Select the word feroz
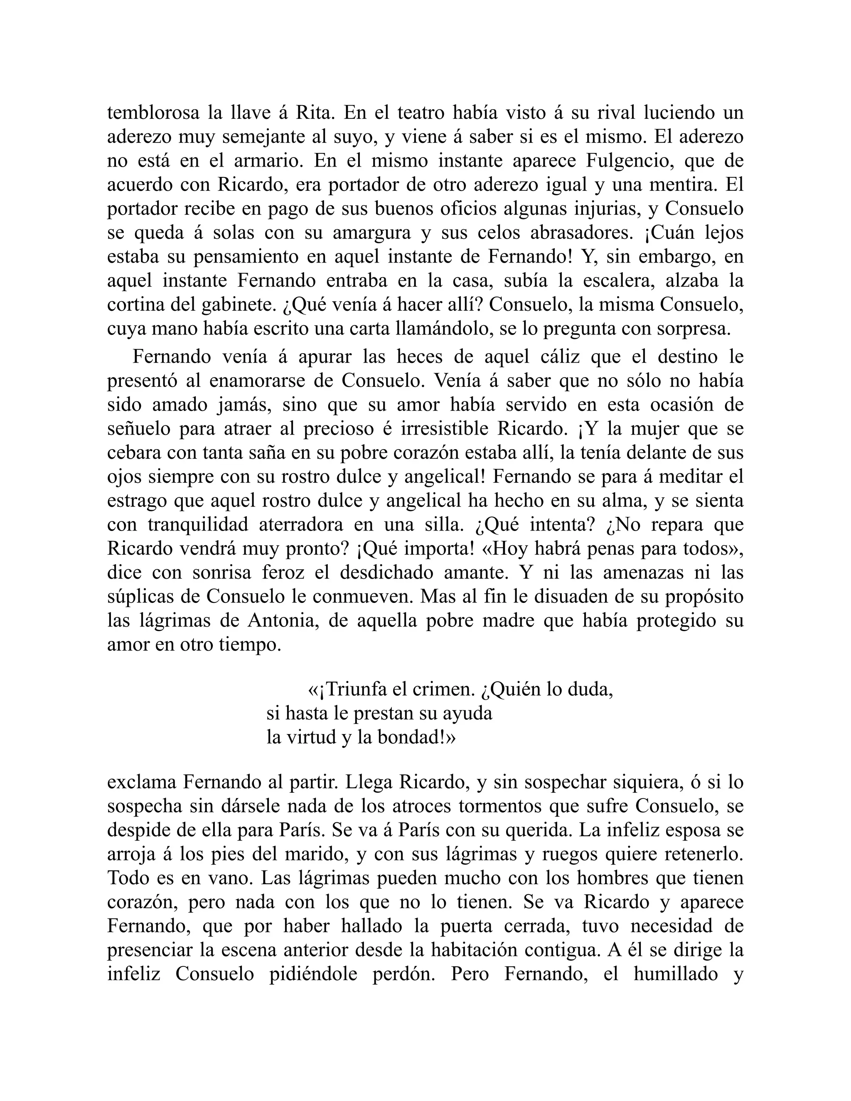pos(295,573)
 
